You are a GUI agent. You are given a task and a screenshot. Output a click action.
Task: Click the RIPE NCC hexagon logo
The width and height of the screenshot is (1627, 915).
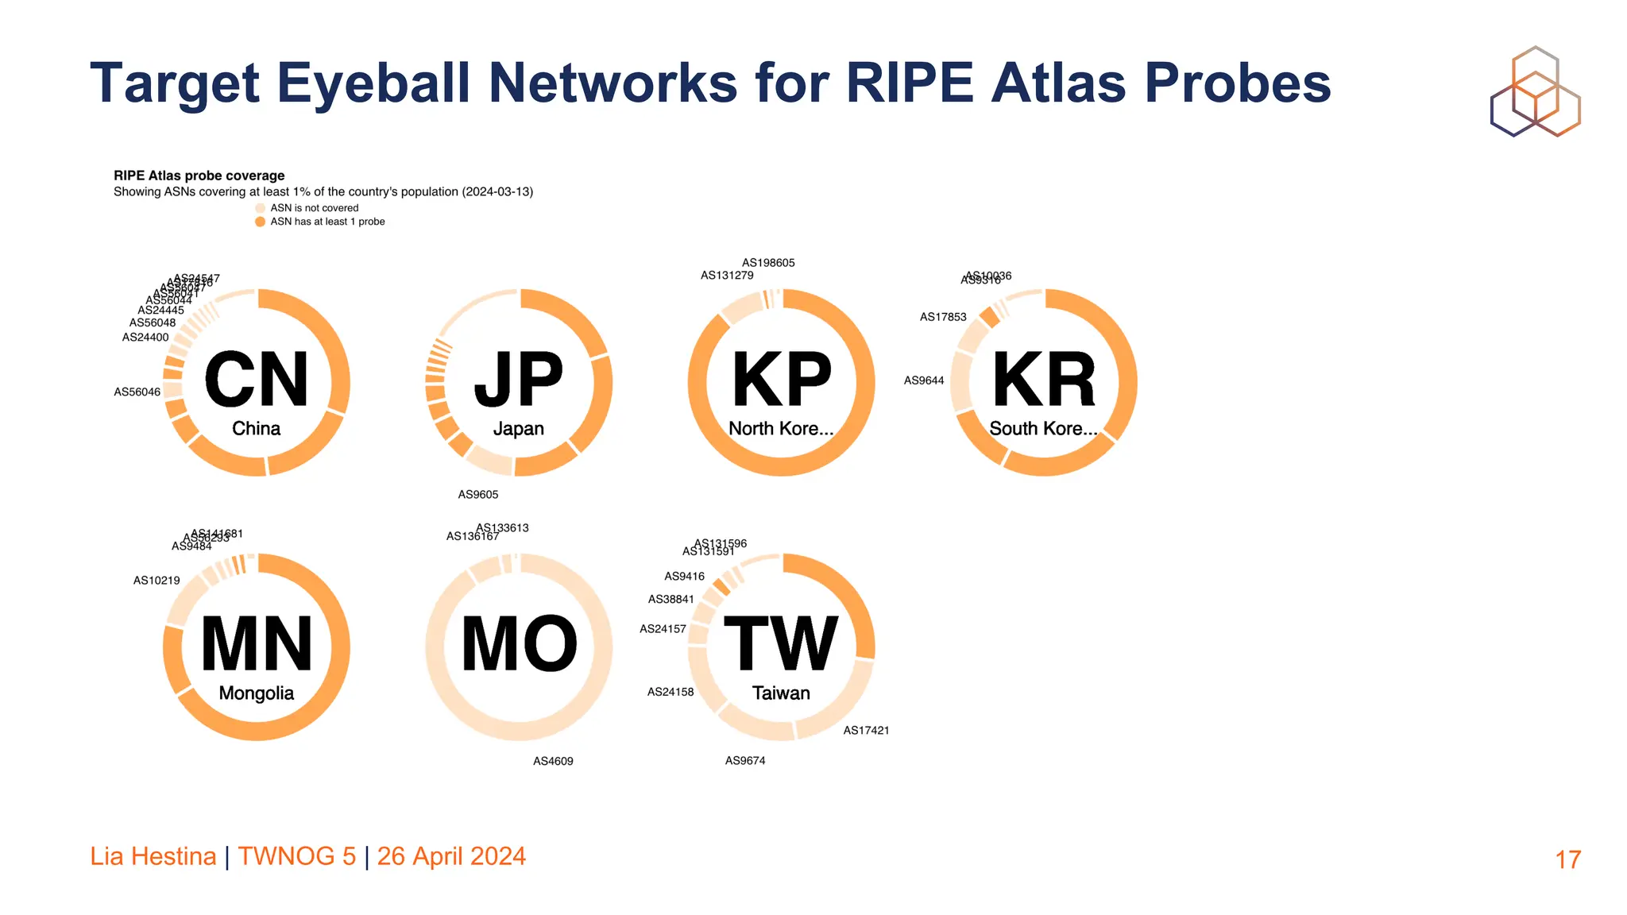[x=1535, y=91]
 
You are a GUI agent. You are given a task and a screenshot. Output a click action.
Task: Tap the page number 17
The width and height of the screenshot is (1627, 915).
[x=1567, y=859]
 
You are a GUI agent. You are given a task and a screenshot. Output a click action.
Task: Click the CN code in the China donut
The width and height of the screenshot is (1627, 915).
[x=256, y=380]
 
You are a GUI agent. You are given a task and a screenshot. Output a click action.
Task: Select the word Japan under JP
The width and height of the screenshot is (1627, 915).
[x=518, y=429]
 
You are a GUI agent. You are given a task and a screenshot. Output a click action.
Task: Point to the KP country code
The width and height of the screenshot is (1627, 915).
[x=781, y=380]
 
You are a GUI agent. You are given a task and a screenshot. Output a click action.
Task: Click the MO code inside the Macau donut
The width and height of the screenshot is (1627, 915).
[x=519, y=644]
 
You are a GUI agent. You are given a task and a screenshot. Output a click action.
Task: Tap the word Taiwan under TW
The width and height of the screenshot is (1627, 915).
[x=781, y=693]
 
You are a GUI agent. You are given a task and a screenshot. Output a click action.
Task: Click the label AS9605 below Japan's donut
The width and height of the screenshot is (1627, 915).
[x=477, y=495]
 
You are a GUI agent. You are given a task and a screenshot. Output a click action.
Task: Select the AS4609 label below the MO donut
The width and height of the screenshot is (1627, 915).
[x=553, y=762]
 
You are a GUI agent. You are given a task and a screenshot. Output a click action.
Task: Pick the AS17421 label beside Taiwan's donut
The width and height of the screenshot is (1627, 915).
[x=866, y=731]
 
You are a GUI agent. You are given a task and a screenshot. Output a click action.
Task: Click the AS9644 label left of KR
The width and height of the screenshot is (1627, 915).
[x=924, y=381]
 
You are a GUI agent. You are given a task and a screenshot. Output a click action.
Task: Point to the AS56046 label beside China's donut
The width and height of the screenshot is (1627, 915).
[x=137, y=392]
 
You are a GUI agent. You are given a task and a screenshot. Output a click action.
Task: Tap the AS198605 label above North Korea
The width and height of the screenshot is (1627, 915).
[x=768, y=263]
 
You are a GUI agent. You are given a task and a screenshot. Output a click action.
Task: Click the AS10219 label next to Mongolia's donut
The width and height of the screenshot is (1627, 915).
[x=157, y=581]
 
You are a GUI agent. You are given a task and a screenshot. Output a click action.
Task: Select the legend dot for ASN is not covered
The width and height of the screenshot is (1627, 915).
[x=260, y=208]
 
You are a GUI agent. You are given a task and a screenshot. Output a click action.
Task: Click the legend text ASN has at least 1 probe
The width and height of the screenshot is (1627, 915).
[x=327, y=222]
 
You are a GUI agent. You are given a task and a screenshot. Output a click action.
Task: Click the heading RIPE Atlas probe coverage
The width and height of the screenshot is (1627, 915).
[x=199, y=176]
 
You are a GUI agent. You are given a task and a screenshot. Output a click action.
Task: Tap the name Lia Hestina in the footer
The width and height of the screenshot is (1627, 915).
[x=153, y=856]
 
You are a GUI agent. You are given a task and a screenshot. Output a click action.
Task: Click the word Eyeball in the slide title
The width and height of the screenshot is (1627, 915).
[x=373, y=83]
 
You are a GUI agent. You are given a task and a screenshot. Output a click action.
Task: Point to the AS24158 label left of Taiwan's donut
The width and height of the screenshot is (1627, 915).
[x=670, y=693]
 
